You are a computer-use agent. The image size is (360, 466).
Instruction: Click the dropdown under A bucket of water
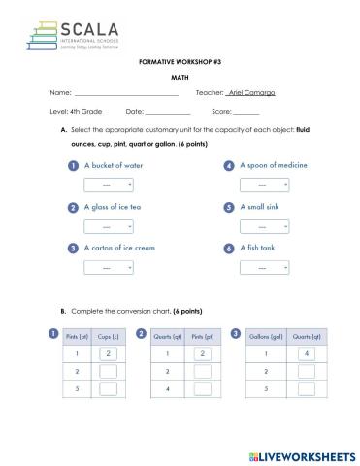pos(108,184)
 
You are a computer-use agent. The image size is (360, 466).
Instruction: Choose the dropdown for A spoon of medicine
pos(264,184)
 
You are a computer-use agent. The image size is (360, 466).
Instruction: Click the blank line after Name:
pos(126,94)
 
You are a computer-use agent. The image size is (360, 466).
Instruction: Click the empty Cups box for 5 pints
pos(109,389)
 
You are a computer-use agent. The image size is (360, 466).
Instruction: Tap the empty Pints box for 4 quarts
pos(202,389)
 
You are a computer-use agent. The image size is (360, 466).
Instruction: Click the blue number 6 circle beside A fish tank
pos(229,248)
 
